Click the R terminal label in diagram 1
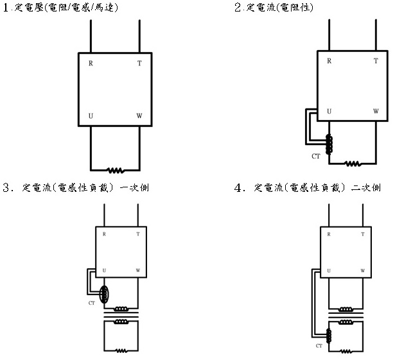[91, 64]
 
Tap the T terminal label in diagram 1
[139, 64]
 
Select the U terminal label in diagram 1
[91, 116]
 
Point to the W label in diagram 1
[139, 116]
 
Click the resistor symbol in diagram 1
[115, 170]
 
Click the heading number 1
[7, 8]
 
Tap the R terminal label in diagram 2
[329, 61]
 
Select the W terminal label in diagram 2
[376, 111]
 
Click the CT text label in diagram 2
[315, 156]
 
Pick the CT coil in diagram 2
[329, 144]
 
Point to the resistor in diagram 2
[353, 164]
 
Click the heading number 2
[238, 8]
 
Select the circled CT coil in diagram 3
[105, 294]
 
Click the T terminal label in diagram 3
[137, 234]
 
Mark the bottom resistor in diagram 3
[120, 351]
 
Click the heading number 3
[7, 189]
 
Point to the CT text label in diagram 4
[319, 346]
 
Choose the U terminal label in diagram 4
[329, 270]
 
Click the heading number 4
[240, 189]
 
